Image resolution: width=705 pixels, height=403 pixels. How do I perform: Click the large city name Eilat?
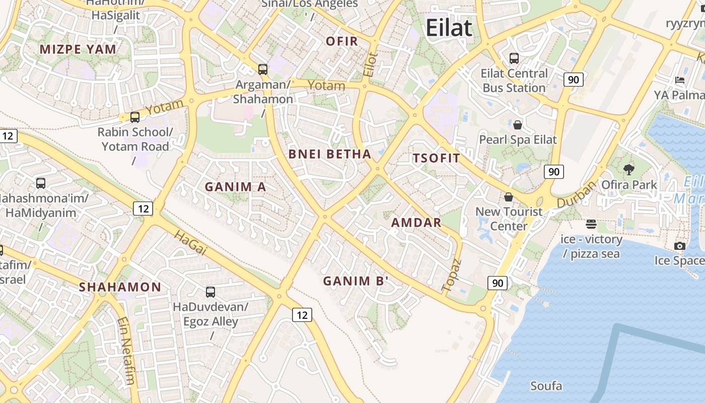click(x=449, y=28)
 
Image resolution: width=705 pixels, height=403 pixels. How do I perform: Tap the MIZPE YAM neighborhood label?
click(x=78, y=49)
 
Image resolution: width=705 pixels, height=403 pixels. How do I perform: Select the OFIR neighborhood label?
click(x=342, y=41)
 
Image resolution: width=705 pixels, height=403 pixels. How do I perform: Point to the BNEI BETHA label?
click(x=330, y=154)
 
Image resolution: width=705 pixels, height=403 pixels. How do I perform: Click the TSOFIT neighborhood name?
click(x=437, y=158)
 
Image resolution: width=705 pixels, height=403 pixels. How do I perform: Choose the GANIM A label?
click(x=235, y=187)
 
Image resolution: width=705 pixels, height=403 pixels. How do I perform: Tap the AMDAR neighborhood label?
click(x=416, y=223)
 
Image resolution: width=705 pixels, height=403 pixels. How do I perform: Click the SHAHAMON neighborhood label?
click(x=120, y=288)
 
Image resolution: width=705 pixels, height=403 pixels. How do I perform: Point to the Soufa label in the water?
click(x=546, y=386)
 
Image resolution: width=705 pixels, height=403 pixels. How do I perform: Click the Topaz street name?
click(x=451, y=276)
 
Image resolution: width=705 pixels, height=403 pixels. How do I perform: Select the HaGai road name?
click(x=191, y=243)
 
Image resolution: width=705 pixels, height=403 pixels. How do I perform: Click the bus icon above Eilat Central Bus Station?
click(x=514, y=58)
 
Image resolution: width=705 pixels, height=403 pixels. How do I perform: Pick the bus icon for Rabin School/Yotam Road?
click(x=135, y=117)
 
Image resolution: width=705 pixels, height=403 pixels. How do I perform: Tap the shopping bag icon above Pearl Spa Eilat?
click(x=518, y=124)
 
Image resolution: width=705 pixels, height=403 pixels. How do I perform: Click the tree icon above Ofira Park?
click(x=629, y=170)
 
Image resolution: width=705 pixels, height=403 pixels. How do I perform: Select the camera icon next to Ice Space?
click(x=680, y=246)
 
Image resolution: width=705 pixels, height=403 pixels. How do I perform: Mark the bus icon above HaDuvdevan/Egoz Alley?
click(x=210, y=292)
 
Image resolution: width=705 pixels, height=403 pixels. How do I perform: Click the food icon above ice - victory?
click(x=591, y=224)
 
